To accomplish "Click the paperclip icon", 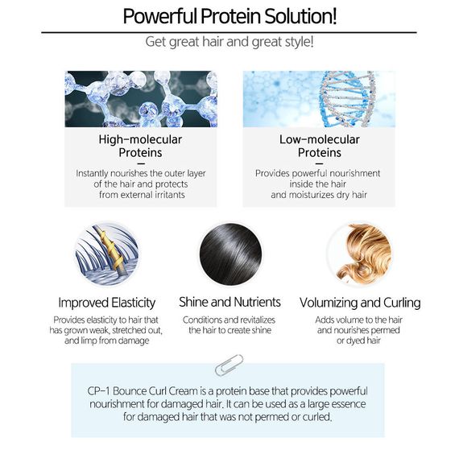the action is pos(229,365).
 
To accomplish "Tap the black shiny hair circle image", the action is pos(230,254).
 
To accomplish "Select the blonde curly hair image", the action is pos(360,254).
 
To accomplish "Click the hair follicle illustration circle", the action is pos(106,254).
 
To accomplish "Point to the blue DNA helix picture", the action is pos(319,99).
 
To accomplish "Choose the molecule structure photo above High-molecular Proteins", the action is pos(141,99).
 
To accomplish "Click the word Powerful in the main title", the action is pos(159,16).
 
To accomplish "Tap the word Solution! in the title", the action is pos(300,16).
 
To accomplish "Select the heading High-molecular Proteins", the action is pos(140,146).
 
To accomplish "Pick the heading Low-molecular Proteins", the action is pos(320,146).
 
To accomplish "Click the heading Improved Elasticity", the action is pos(106,303).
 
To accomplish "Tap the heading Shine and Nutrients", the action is pos(229,302).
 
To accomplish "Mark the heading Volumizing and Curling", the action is pos(360,303).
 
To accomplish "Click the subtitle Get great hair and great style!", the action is pos(229,42).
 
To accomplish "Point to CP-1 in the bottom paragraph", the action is pos(98,391).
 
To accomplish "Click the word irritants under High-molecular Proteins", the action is pos(170,195).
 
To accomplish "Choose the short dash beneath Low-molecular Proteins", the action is pos(320,163).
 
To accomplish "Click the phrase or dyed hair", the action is pos(358,340).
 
